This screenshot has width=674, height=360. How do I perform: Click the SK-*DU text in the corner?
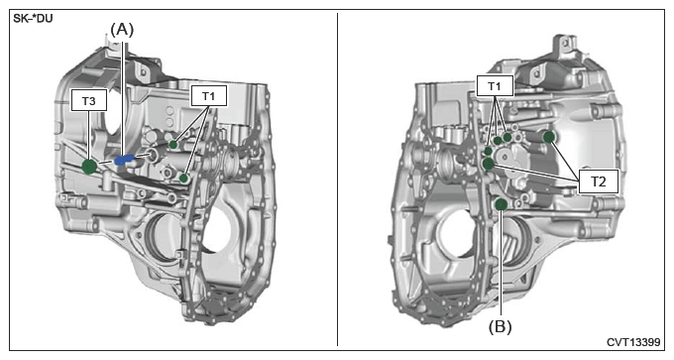point(33,20)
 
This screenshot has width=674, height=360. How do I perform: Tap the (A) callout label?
point(123,30)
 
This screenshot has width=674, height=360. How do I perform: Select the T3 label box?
point(89,100)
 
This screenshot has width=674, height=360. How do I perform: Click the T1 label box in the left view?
point(209,95)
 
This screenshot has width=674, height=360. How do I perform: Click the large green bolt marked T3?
point(89,167)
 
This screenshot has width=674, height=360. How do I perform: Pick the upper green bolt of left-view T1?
point(173,145)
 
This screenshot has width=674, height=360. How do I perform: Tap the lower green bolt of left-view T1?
point(184,178)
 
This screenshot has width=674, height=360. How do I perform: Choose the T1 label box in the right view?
point(495,86)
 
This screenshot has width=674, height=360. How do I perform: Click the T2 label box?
point(599,181)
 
